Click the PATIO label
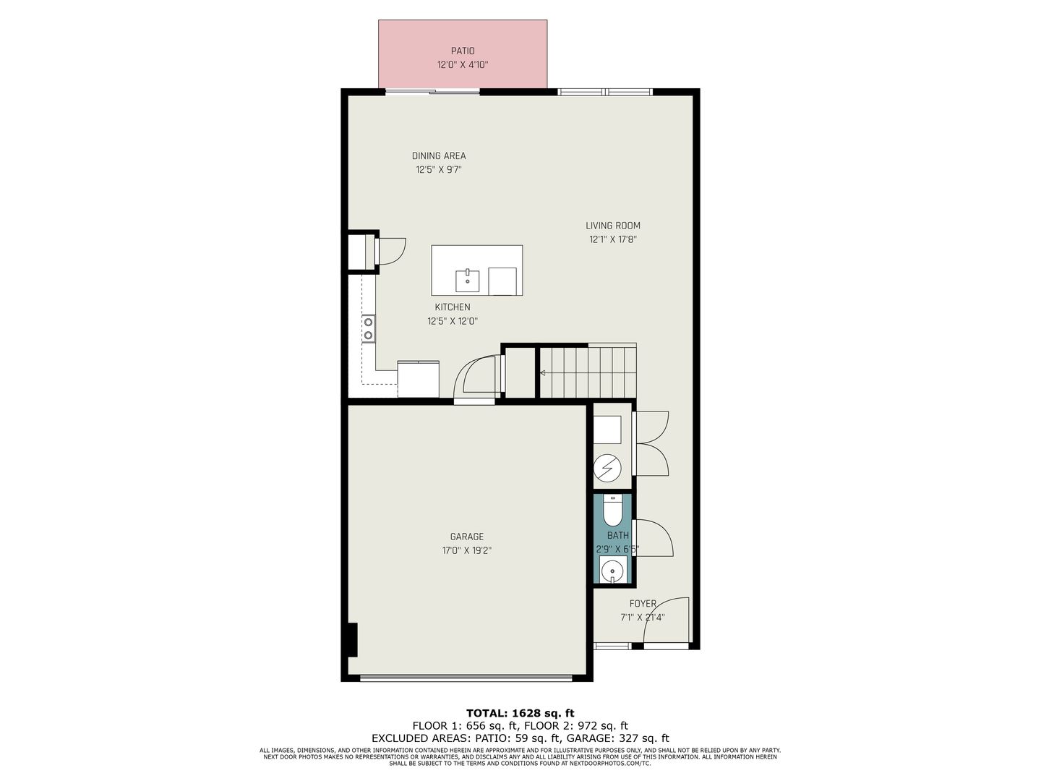[x=462, y=51]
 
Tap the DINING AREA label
[x=439, y=155]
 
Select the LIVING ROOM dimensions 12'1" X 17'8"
[x=613, y=239]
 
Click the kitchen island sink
[x=467, y=281]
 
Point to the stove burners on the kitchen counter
[x=368, y=328]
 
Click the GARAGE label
[x=467, y=537]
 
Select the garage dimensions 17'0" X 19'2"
[x=467, y=550]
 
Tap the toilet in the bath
[x=612, y=511]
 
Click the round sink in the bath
[x=613, y=570]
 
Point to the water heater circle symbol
[x=607, y=469]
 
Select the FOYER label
[x=643, y=604]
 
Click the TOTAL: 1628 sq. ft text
[x=520, y=713]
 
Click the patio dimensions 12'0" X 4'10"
[x=463, y=65]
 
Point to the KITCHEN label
[x=453, y=307]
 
